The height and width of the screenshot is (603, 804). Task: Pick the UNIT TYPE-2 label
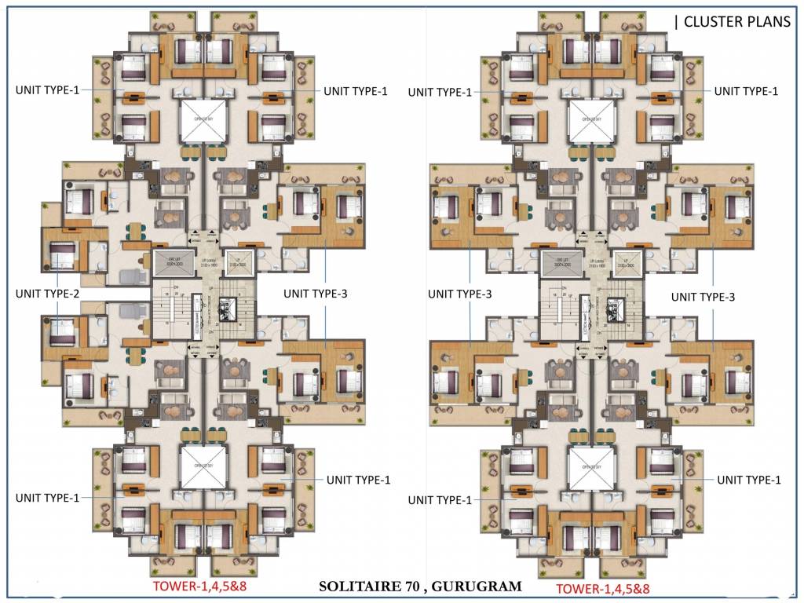click(47, 293)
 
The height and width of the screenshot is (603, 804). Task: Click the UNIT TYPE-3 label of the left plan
click(316, 294)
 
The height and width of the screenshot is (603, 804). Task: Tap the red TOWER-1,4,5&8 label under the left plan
click(205, 587)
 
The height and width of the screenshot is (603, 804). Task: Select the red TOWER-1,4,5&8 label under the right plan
click(602, 588)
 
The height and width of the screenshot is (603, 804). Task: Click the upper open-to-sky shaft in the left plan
click(203, 120)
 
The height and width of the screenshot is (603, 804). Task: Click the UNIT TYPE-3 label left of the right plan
click(460, 294)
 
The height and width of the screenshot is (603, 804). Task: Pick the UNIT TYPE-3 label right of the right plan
click(703, 297)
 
